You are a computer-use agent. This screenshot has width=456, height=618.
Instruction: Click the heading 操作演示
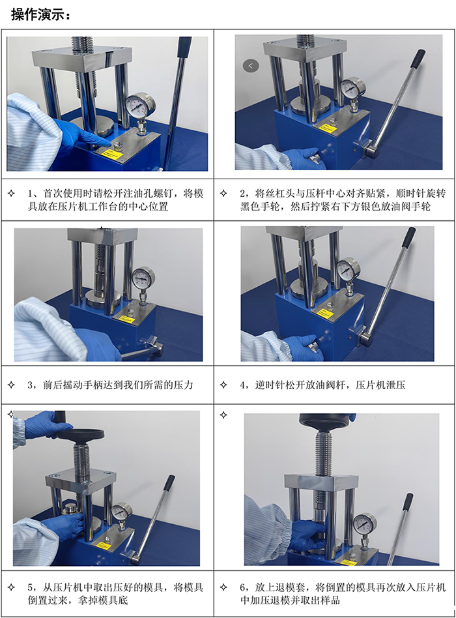(40, 14)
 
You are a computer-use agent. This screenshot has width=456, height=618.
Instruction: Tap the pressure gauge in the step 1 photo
(138, 105)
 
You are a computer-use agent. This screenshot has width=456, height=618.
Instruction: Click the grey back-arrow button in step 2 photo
(251, 65)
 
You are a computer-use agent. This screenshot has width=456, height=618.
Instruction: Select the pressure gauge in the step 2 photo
(352, 87)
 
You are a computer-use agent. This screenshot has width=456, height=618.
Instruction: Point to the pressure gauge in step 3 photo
(143, 278)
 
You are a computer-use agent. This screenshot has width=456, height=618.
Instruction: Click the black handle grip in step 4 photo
(409, 237)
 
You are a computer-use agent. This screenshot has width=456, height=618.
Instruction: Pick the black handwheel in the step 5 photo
(82, 435)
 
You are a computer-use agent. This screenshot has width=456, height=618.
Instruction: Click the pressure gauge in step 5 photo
(122, 512)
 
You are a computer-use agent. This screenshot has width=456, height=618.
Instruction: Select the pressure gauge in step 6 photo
(363, 523)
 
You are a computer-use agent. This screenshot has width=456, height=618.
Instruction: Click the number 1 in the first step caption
(31, 193)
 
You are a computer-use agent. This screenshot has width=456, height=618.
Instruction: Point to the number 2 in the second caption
(243, 193)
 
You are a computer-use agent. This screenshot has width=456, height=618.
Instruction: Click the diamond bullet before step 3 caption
(11, 385)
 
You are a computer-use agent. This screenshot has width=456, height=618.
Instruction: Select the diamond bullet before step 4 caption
(223, 385)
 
